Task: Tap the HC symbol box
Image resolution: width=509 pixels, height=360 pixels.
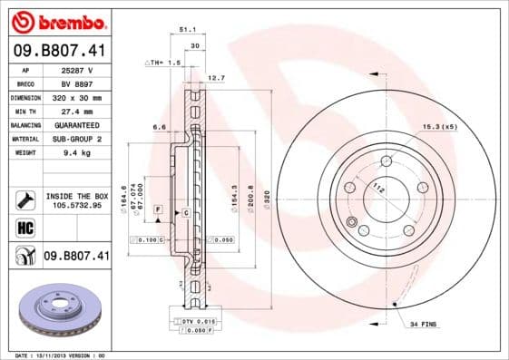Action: (x=23, y=229)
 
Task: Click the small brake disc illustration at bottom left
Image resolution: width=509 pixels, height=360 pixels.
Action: (x=56, y=314)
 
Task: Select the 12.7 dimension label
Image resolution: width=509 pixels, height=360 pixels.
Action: (x=216, y=78)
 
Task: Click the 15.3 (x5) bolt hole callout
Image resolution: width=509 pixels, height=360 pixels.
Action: (x=439, y=127)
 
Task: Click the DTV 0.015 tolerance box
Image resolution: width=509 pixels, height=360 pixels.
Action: (x=190, y=322)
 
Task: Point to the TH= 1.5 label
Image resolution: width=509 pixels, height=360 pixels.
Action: (x=167, y=63)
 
